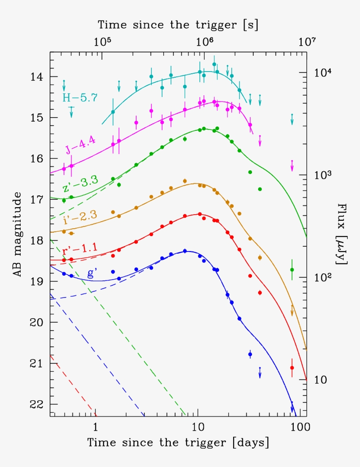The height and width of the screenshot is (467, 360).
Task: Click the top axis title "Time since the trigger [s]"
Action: point(178,25)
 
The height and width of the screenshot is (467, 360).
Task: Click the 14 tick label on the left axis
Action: point(38,77)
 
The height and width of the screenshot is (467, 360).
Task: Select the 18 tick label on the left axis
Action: point(38,241)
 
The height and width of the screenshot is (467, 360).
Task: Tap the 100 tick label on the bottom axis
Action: point(300,426)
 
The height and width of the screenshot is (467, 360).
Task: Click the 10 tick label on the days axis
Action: point(198,426)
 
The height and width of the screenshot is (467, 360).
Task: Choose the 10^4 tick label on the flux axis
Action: point(324,72)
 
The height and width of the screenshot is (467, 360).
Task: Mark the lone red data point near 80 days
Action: point(292,368)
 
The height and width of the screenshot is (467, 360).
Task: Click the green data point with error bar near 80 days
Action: point(292,269)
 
